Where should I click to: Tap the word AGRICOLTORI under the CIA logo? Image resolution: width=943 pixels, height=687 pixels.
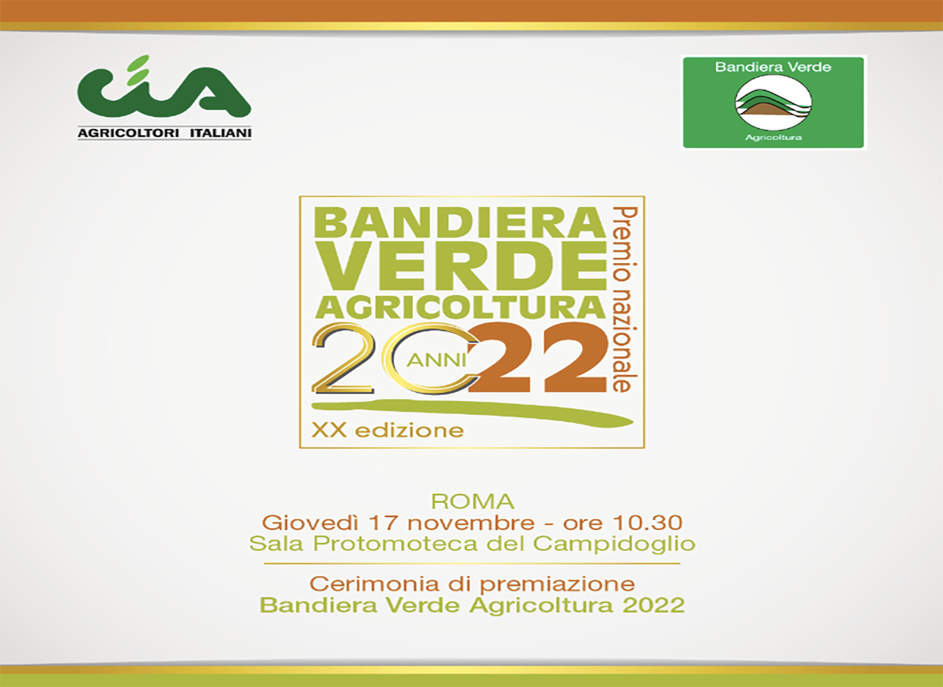[128, 134]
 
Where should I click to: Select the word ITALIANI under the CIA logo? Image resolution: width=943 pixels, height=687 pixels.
[220, 134]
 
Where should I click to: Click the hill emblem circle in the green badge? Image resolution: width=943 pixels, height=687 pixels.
[773, 103]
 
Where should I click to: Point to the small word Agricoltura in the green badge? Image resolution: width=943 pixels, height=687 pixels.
[773, 138]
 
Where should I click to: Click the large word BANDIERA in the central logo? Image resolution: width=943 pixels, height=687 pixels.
[460, 223]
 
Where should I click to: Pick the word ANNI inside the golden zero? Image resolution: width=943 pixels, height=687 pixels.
[437, 361]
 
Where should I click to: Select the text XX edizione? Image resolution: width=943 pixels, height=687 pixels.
[388, 430]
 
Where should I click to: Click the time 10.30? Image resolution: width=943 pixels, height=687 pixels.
[647, 522]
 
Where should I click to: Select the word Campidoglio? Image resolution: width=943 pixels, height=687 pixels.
[614, 544]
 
